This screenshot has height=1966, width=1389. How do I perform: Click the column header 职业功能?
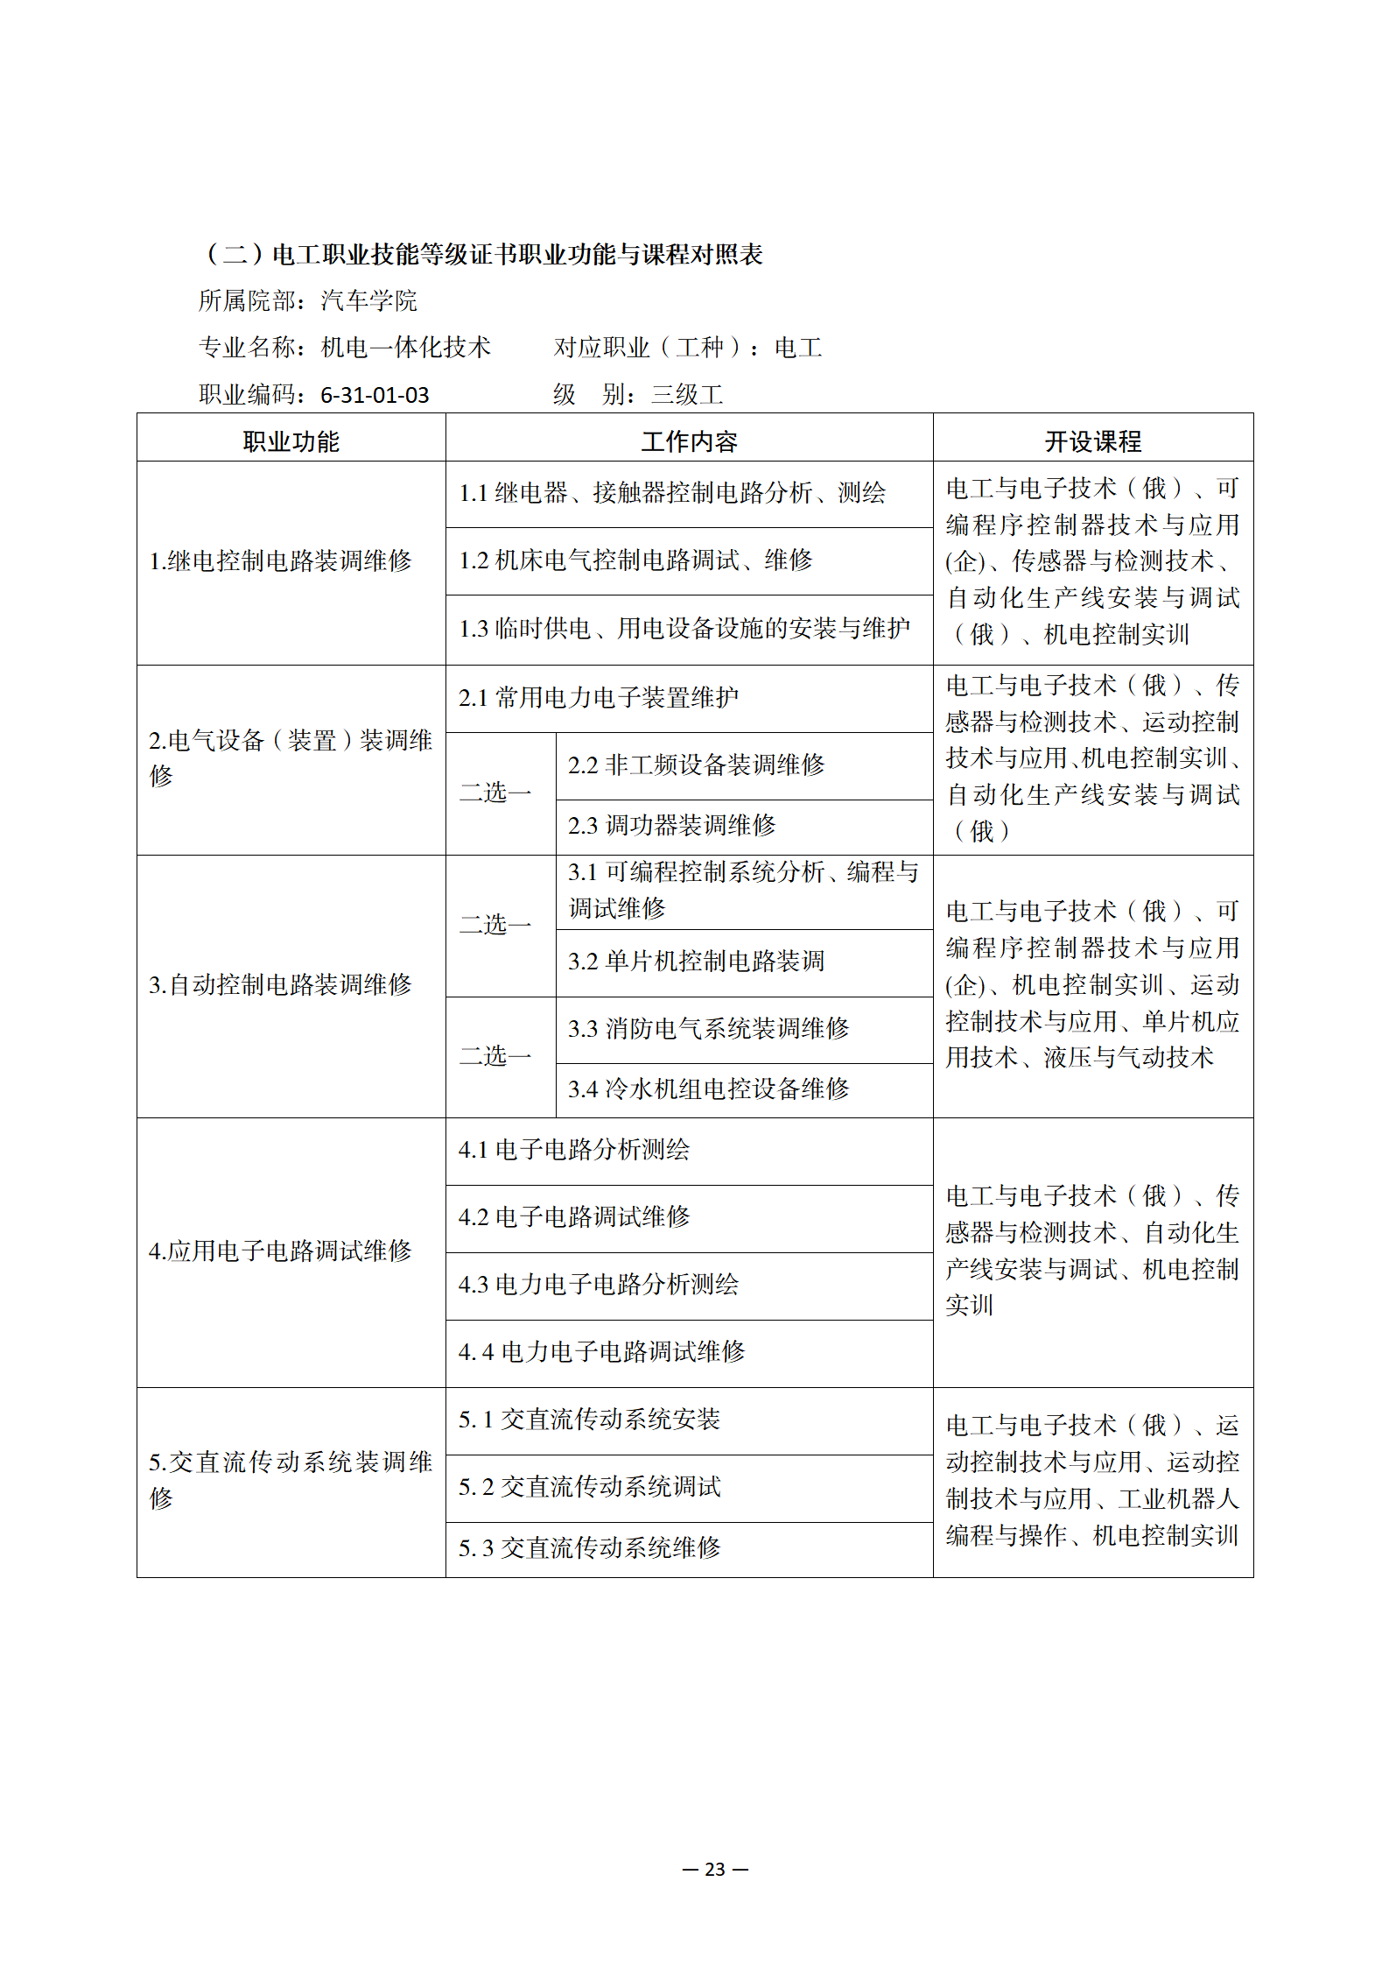(x=291, y=441)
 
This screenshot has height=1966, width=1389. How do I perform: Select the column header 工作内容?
(x=689, y=441)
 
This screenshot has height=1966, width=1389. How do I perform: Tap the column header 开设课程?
(x=1092, y=441)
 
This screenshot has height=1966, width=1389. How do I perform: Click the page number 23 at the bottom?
(x=715, y=1869)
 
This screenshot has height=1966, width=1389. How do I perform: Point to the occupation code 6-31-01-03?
(x=375, y=395)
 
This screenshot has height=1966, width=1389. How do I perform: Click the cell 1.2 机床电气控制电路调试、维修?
(x=635, y=560)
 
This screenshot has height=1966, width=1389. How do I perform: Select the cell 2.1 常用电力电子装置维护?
(x=599, y=698)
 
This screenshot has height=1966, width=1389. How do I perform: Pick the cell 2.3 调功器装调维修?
(x=672, y=825)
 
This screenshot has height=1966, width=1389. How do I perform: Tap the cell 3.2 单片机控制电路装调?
(x=696, y=962)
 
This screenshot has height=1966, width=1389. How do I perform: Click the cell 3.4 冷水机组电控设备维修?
(x=708, y=1089)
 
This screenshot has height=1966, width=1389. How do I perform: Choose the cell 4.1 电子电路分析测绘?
(x=574, y=1150)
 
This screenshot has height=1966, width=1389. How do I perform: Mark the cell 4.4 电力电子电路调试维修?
(x=601, y=1352)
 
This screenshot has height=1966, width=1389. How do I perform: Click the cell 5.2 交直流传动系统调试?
(x=589, y=1487)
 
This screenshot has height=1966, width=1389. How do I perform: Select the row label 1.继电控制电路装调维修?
(x=280, y=561)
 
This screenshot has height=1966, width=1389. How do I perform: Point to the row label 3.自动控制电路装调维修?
(x=280, y=985)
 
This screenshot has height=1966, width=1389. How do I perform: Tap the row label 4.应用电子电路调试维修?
(x=280, y=1251)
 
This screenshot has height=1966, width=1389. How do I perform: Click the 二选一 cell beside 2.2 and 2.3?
(x=495, y=793)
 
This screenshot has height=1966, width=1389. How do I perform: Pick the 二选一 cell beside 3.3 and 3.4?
(x=495, y=1056)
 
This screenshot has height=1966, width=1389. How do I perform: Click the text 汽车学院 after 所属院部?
(x=368, y=301)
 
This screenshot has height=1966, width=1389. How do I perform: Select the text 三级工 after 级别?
(x=687, y=395)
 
